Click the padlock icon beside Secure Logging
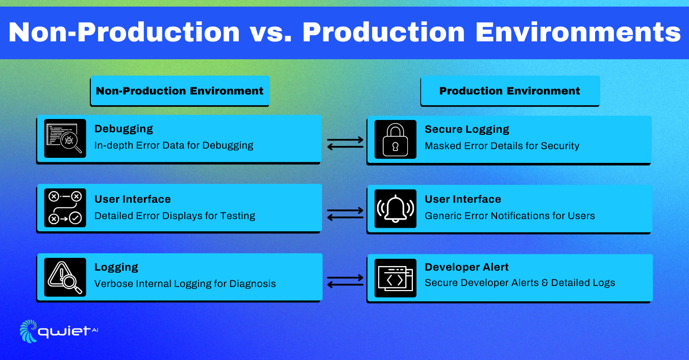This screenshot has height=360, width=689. [x=396, y=139]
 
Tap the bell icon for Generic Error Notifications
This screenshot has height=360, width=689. [x=396, y=208]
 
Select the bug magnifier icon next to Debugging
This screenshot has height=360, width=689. [x=65, y=138]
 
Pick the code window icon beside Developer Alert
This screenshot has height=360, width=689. [x=396, y=278]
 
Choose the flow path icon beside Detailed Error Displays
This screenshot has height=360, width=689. [x=65, y=208]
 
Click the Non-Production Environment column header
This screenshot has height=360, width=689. [x=180, y=91]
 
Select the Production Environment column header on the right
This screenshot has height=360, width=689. [x=509, y=91]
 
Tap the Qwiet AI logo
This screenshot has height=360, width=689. [x=59, y=331]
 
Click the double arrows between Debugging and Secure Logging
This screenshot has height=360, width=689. [x=345, y=143]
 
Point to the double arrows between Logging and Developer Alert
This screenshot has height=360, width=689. [x=345, y=281]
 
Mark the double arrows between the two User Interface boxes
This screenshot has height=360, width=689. [x=345, y=213]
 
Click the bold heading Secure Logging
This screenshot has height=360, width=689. [x=467, y=130]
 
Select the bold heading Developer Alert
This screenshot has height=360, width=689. [x=466, y=267]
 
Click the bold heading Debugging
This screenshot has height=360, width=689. [x=124, y=129]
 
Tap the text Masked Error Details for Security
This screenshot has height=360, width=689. [x=502, y=146]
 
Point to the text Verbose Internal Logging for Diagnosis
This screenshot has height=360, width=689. [x=185, y=284]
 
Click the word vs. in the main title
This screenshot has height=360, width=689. [x=271, y=32]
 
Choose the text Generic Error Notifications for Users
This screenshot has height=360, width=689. [x=509, y=215]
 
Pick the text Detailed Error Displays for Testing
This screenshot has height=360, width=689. [x=175, y=215]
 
